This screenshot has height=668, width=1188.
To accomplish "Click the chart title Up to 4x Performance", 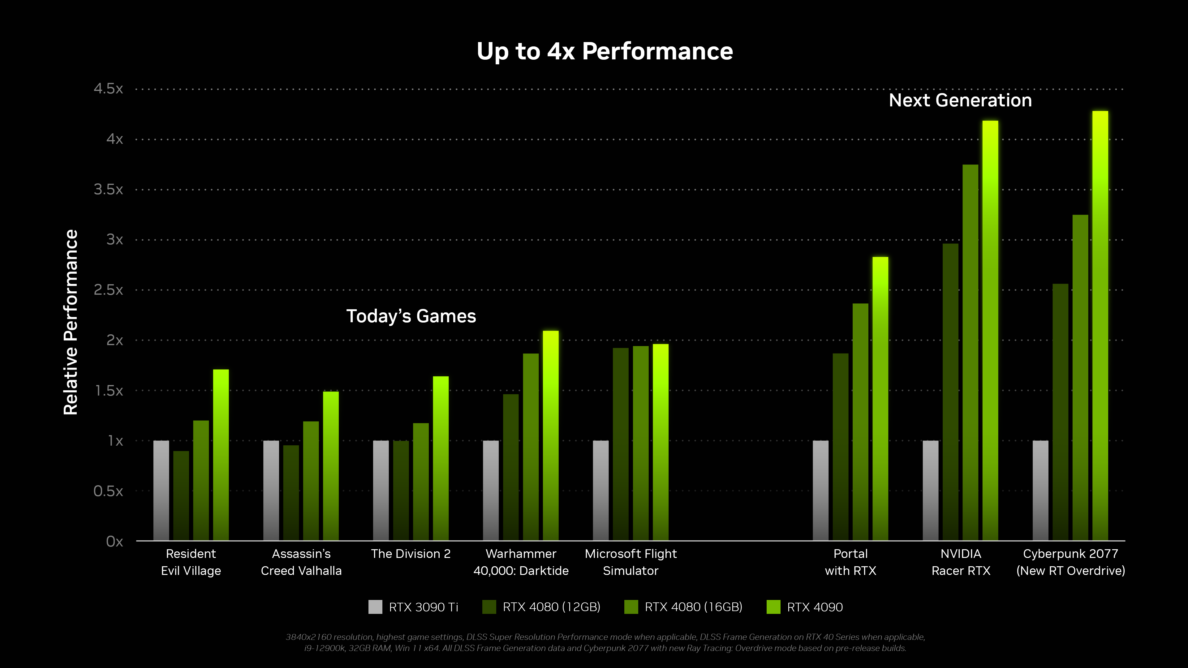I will pos(604,51).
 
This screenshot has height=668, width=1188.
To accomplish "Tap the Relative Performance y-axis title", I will pos(71,322).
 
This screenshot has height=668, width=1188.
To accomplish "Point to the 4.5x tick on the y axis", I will pos(108,88).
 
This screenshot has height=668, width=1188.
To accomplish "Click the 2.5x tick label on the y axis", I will pos(108,290).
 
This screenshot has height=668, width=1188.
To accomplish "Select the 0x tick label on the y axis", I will pos(114,541).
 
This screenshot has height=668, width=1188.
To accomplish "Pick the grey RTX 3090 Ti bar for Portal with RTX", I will pos(820,491).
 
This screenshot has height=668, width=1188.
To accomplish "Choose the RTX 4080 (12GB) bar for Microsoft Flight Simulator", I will pos(620,445).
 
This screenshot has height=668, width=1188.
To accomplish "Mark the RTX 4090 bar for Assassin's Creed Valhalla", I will pos(331,466).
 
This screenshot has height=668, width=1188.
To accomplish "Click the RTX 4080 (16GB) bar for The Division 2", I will pos(421,482).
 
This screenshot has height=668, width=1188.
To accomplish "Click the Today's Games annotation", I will pos(411,316).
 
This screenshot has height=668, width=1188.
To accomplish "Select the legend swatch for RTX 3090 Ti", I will pos(375,607).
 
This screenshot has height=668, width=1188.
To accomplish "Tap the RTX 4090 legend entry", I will pos(815,607).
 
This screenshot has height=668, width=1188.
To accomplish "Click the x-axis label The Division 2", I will pos(411,554).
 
